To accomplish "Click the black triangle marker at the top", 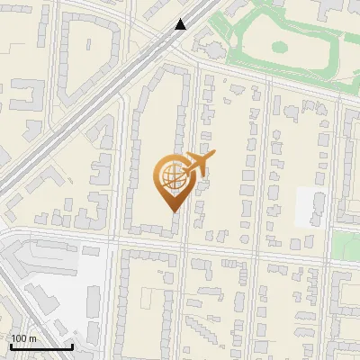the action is click(181, 24).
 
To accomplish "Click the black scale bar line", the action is click(41, 346).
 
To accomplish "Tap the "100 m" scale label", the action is click(24, 338).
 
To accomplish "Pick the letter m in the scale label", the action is click(32, 338).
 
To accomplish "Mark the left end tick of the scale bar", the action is click(11, 345).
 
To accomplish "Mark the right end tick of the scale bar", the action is click(72, 345).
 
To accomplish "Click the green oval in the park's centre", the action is click(278, 46).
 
